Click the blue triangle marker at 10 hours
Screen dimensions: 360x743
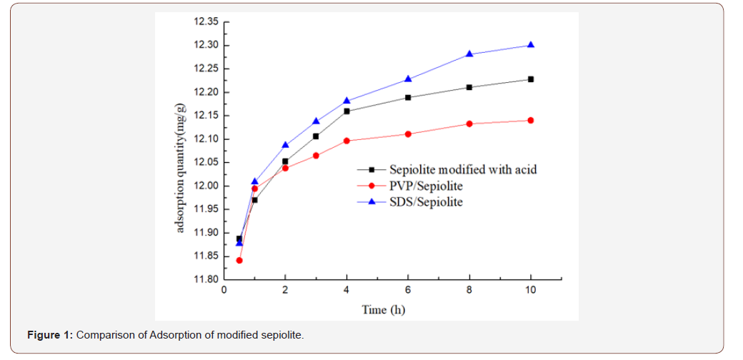tap(530, 45)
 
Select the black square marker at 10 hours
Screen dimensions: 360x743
tap(530, 79)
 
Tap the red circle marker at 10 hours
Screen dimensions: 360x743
tap(530, 120)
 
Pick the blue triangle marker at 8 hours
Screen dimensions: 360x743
tap(469, 54)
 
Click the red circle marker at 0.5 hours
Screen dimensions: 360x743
tap(239, 260)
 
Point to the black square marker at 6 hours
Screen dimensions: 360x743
tap(408, 97)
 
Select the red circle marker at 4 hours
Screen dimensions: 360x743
tap(346, 141)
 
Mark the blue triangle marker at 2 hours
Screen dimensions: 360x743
tap(285, 145)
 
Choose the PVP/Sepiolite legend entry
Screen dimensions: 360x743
tap(426, 186)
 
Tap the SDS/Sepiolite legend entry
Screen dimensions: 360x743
tap(426, 202)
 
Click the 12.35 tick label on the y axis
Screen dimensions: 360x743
tap(206, 22)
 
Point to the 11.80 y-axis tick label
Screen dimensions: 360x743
tap(206, 279)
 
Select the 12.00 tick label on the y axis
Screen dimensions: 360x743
tap(206, 186)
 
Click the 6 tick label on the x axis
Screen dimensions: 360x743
tap(408, 289)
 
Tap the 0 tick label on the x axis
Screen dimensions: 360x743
tap(224, 289)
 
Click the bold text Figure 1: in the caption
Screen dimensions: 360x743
tap(50, 335)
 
